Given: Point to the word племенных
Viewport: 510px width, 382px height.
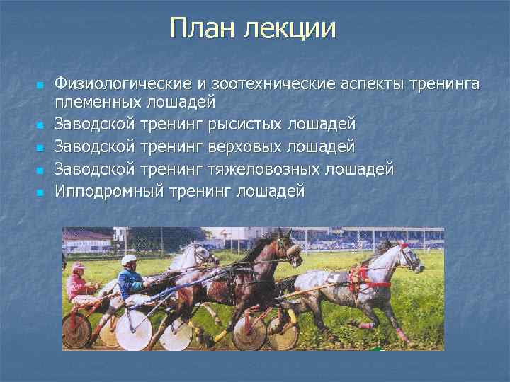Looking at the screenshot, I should [x=96, y=103].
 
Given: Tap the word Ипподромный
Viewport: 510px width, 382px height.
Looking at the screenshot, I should [x=109, y=191].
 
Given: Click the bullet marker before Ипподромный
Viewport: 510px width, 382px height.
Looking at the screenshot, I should [x=40, y=192].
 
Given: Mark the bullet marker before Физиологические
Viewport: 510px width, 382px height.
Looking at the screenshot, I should [x=40, y=86].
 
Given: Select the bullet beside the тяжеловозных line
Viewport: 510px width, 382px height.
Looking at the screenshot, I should [x=40, y=170].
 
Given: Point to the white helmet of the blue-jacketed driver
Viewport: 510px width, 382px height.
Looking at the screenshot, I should [x=129, y=260].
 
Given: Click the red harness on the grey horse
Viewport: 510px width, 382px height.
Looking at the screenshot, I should [x=361, y=278].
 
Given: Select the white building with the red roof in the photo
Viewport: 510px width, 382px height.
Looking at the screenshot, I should [x=88, y=241].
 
